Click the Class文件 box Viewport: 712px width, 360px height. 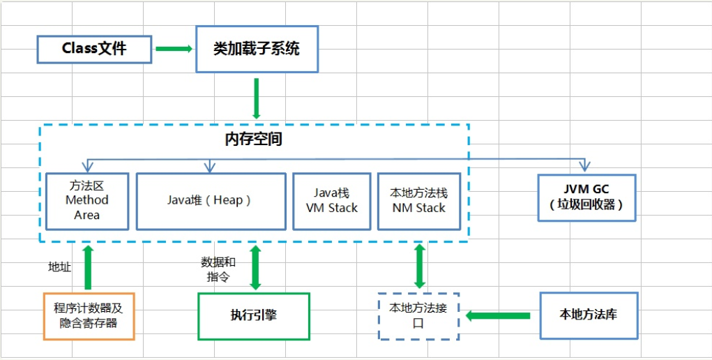pyautogui.click(x=94, y=48)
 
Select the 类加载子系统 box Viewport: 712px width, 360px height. pyautogui.click(x=257, y=49)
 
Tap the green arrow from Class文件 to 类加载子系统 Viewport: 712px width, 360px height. pyautogui.click(x=173, y=49)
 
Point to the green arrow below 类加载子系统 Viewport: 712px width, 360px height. pyautogui.click(x=257, y=98)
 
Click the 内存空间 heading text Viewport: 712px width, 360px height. pyautogui.click(x=253, y=139)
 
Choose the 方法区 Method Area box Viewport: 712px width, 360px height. pyautogui.click(x=87, y=201)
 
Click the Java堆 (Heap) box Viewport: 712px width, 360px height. pyautogui.click(x=211, y=201)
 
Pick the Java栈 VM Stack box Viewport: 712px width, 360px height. pyautogui.click(x=331, y=201)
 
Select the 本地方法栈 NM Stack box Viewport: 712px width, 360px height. pyautogui.click(x=418, y=201)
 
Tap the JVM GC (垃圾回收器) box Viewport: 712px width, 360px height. pyautogui.click(x=586, y=197)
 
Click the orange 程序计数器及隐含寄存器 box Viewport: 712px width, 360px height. pyautogui.click(x=89, y=315)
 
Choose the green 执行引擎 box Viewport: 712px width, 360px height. pyautogui.click(x=253, y=315)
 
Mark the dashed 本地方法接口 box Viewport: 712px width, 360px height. pyautogui.click(x=418, y=315)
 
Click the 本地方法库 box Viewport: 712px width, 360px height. pyautogui.click(x=589, y=315)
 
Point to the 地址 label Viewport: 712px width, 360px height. pyautogui.click(x=59, y=267)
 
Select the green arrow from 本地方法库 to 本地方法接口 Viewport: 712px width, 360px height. pyautogui.click(x=498, y=315)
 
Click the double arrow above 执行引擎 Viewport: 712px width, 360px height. pyautogui.click(x=255, y=267)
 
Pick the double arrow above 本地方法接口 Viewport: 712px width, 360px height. pyautogui.click(x=419, y=266)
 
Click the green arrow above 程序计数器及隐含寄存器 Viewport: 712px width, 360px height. pyautogui.click(x=88, y=267)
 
